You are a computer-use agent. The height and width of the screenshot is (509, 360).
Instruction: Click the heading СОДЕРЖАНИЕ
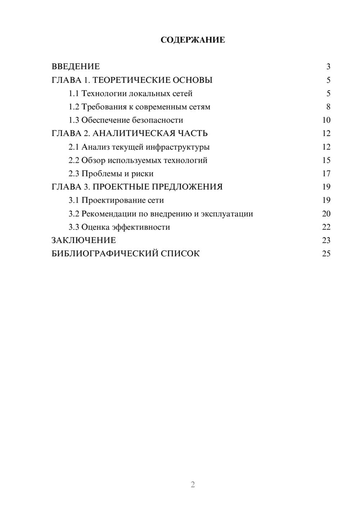click(x=193, y=40)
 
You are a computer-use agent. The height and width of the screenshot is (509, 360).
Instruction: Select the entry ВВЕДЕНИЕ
click(x=76, y=67)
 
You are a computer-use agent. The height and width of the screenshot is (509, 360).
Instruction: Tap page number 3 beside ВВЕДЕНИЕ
click(x=328, y=67)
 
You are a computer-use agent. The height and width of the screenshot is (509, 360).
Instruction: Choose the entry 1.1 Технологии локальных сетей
click(x=130, y=94)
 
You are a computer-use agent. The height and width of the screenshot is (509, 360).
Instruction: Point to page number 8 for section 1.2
click(x=328, y=107)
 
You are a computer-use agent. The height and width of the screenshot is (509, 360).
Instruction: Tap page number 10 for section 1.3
click(x=326, y=120)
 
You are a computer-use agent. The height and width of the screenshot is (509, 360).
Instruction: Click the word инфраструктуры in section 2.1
click(x=177, y=147)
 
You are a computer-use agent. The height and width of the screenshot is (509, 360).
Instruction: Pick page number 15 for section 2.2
click(x=326, y=160)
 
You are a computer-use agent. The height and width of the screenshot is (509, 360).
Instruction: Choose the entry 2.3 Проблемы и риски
click(x=111, y=174)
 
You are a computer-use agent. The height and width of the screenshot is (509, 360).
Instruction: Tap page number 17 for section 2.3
click(x=326, y=174)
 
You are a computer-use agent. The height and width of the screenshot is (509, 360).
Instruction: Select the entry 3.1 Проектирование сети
click(x=116, y=200)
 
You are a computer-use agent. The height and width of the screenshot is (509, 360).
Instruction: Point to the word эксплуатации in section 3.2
click(x=227, y=214)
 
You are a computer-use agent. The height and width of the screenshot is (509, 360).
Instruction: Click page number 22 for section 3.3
click(x=326, y=227)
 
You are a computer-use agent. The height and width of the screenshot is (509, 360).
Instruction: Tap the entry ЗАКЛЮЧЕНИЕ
click(x=84, y=240)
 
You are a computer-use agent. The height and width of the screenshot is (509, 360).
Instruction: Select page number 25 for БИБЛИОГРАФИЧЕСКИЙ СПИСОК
click(x=326, y=254)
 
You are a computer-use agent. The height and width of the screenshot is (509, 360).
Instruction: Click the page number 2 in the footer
click(x=193, y=485)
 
